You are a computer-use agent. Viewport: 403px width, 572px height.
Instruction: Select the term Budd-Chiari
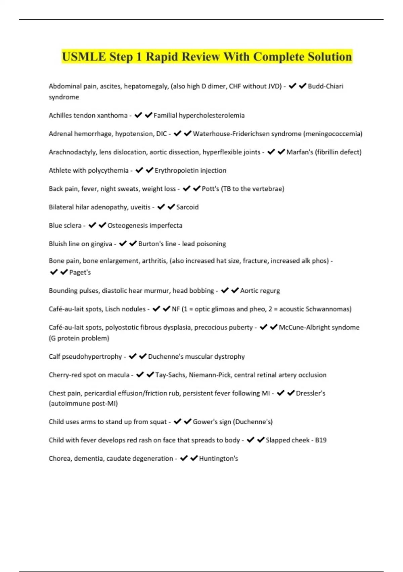(x=325, y=86)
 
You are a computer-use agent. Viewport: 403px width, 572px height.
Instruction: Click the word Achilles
(x=60, y=115)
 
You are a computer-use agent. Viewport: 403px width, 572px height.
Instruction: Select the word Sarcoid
(x=187, y=207)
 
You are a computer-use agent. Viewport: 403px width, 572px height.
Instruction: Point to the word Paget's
(x=80, y=273)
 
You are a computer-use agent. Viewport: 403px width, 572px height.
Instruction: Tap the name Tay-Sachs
(x=170, y=375)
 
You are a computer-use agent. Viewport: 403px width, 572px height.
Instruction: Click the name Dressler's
(x=310, y=393)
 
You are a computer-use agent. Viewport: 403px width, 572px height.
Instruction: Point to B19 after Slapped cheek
(x=321, y=440)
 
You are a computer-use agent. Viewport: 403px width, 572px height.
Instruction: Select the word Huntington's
(x=218, y=459)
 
